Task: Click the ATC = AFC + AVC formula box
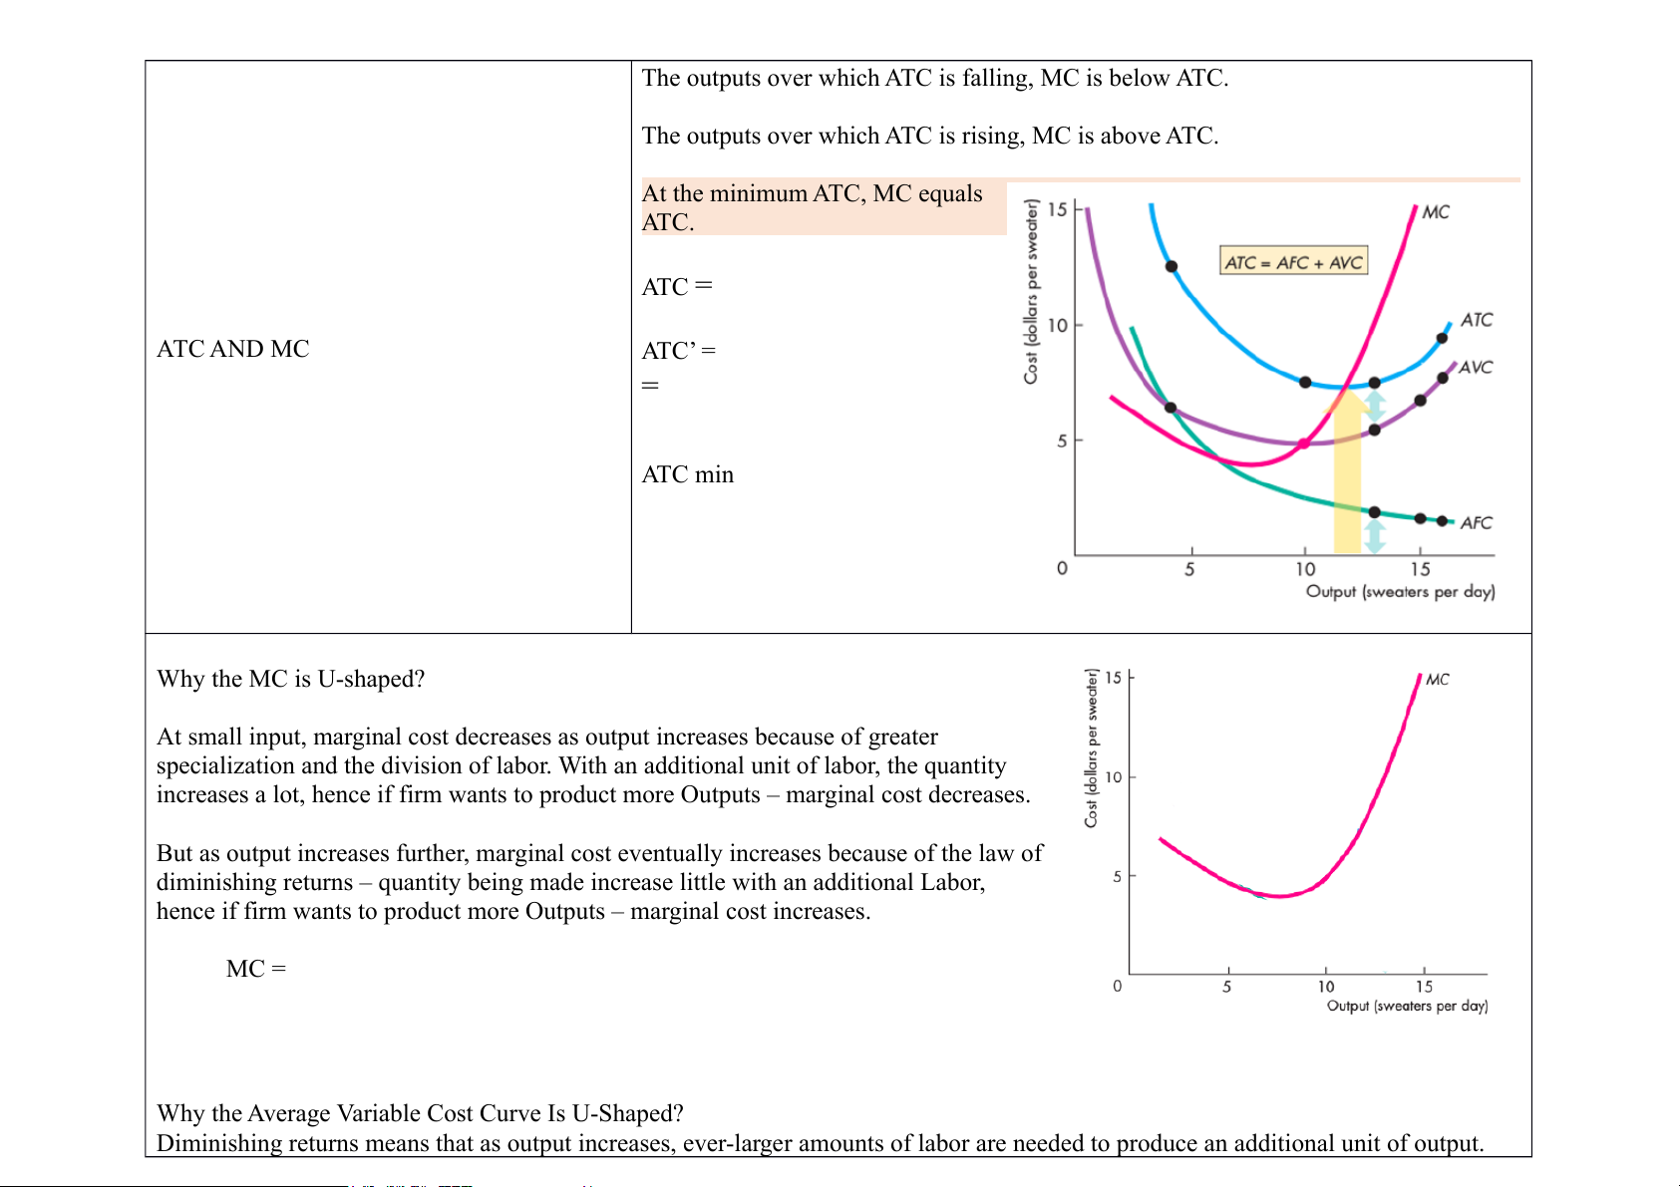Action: click(1293, 262)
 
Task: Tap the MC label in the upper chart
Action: click(1436, 212)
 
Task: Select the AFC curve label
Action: click(1476, 523)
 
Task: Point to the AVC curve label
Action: click(1476, 368)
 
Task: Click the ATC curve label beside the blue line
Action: click(1477, 320)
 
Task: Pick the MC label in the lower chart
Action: click(1437, 680)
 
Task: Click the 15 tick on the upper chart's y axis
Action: click(1057, 209)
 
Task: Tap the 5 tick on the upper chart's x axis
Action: click(1189, 569)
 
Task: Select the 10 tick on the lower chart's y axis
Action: click(1114, 777)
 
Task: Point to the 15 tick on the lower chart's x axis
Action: click(1424, 987)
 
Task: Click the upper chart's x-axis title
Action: click(1400, 592)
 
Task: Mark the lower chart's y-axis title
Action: click(1092, 747)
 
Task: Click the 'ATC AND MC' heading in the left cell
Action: click(233, 349)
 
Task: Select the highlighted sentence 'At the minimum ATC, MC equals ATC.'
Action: click(813, 207)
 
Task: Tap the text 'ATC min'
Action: click(688, 474)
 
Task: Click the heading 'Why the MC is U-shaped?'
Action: click(291, 679)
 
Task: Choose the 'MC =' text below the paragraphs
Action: click(256, 969)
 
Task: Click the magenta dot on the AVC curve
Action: click(1303, 444)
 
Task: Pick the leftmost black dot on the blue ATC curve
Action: click(1172, 266)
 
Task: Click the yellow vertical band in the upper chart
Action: click(1347, 478)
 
